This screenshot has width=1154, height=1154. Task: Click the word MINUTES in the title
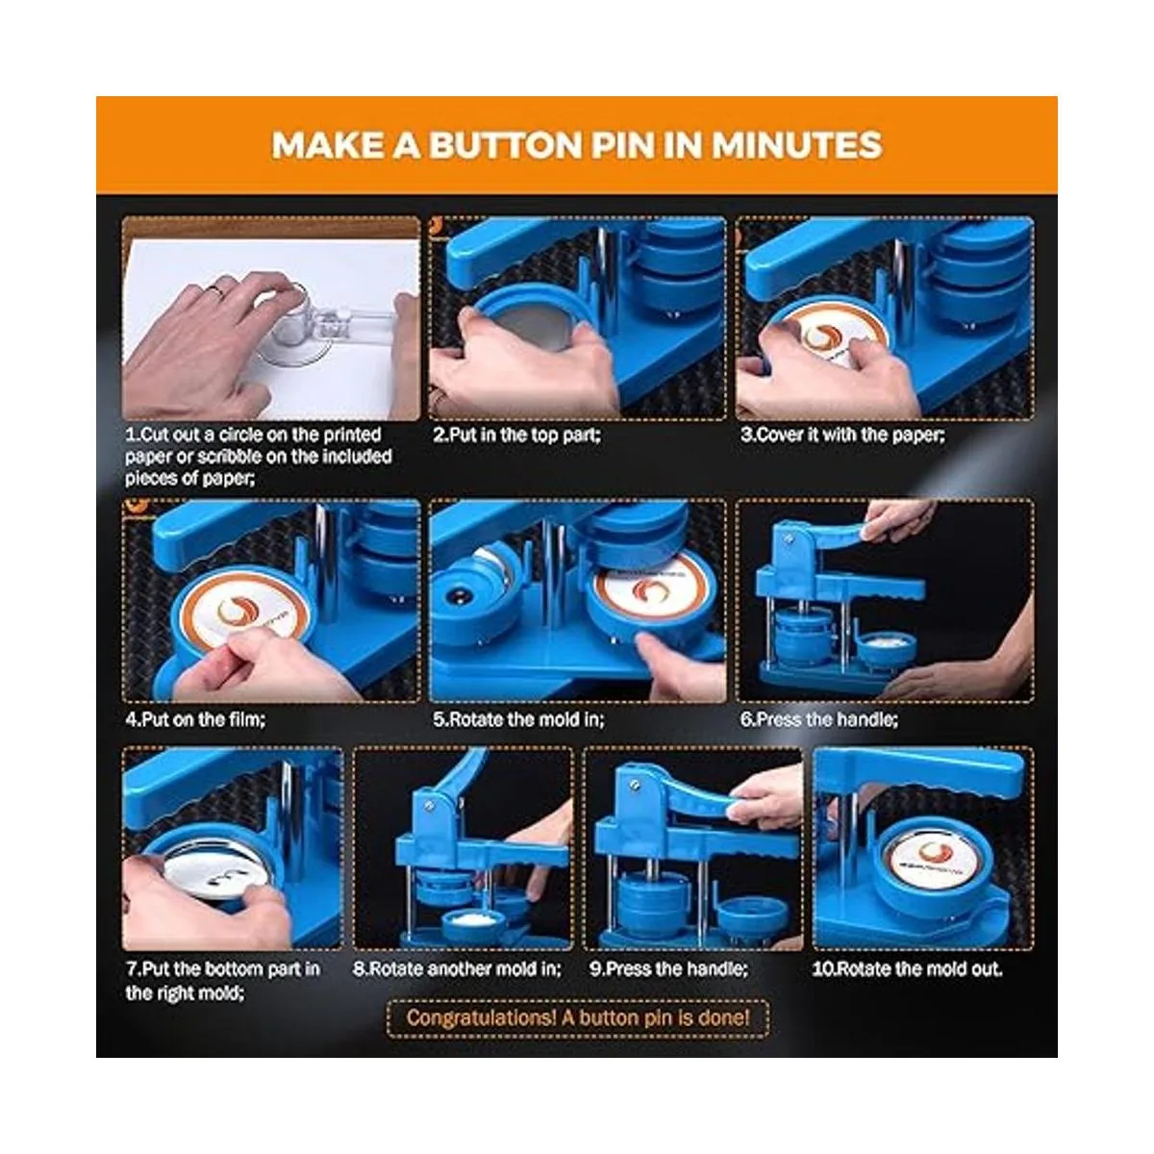796,145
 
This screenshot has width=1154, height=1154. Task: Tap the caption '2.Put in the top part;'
516,436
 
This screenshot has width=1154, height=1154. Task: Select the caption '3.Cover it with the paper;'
842,436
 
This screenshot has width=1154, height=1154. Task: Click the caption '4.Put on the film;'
195,719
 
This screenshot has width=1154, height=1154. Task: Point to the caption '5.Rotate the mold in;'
518,719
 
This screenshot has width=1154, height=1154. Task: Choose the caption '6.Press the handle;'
819,719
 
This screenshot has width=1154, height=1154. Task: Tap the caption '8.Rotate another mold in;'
457,968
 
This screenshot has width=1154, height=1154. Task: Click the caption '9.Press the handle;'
669,968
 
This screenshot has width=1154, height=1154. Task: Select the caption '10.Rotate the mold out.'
907,968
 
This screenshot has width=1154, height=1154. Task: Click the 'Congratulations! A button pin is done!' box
578,1018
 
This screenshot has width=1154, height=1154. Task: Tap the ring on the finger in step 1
216,292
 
